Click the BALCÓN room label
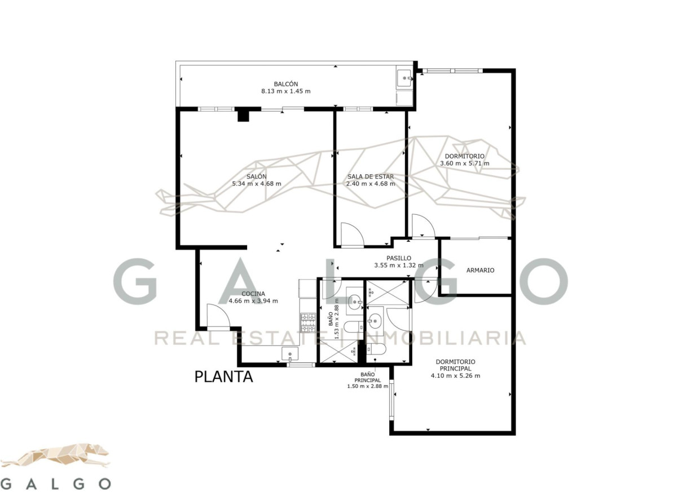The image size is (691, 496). click(x=285, y=84)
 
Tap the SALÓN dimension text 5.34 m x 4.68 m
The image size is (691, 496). click(x=256, y=184)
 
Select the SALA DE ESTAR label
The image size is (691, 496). click(x=371, y=176)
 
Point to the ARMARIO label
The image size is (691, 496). click(x=480, y=271)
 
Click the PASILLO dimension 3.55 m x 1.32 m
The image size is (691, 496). click(x=399, y=265)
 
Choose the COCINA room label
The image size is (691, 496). click(x=253, y=294)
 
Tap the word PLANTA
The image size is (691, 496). click(x=223, y=377)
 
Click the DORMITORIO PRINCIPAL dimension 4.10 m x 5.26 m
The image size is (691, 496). click(x=455, y=375)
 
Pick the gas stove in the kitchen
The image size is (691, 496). click(x=308, y=323)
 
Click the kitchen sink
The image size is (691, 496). click(x=290, y=354)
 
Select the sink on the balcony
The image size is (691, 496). click(x=404, y=78)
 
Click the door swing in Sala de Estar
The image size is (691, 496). click(x=353, y=234)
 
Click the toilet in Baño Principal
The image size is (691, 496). click(x=376, y=349)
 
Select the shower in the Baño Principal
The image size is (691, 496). click(x=388, y=292)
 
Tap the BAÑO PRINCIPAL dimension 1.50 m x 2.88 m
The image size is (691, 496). click(x=367, y=386)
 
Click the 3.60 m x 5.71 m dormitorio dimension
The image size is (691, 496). click(x=464, y=163)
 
